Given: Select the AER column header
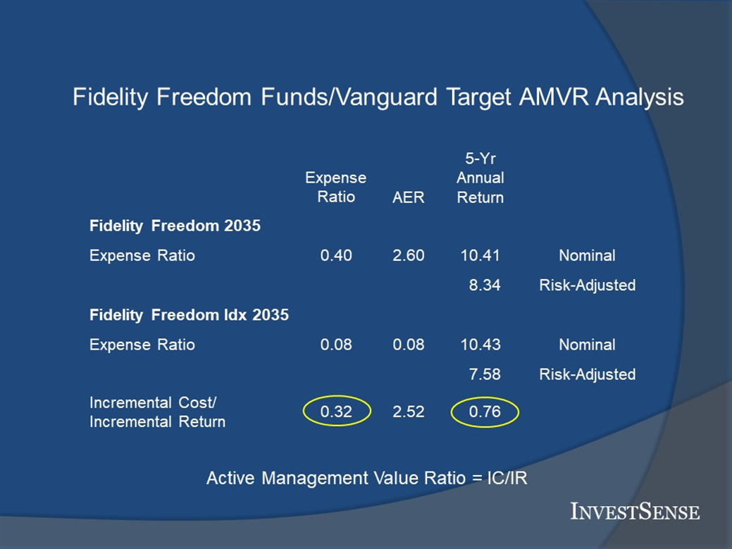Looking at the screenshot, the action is [409, 197].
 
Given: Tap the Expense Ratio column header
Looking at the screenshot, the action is [335, 187].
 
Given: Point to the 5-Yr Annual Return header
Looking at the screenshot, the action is [480, 178].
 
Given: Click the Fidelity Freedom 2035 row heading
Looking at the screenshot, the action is [175, 226].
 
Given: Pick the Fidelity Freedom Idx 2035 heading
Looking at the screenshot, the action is [189, 315].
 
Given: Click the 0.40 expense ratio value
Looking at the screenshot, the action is [336, 255].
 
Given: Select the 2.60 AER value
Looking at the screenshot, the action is [409, 255].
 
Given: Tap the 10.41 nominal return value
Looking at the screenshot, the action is [480, 255].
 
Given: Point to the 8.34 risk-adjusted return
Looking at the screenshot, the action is [485, 285].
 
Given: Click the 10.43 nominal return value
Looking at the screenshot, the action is [480, 345].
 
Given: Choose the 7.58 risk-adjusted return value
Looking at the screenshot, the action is [485, 374].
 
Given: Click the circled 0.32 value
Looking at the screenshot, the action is [336, 412].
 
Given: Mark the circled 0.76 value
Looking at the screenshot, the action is [485, 412].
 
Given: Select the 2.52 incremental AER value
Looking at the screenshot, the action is [409, 412].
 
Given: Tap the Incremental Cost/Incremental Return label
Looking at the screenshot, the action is [157, 412].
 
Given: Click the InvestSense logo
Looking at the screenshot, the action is [635, 511].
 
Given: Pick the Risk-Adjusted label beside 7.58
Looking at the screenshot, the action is [588, 374].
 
